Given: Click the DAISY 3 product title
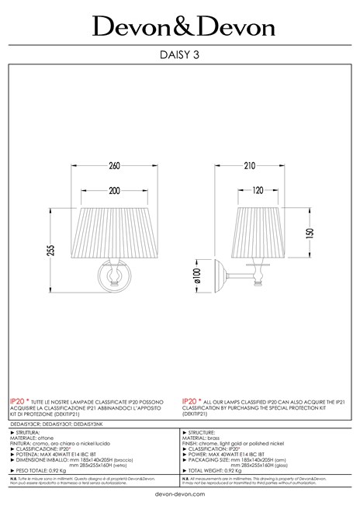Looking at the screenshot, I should click(180, 54).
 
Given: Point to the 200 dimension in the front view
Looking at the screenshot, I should click(115, 190).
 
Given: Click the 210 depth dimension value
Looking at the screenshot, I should click(249, 165).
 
